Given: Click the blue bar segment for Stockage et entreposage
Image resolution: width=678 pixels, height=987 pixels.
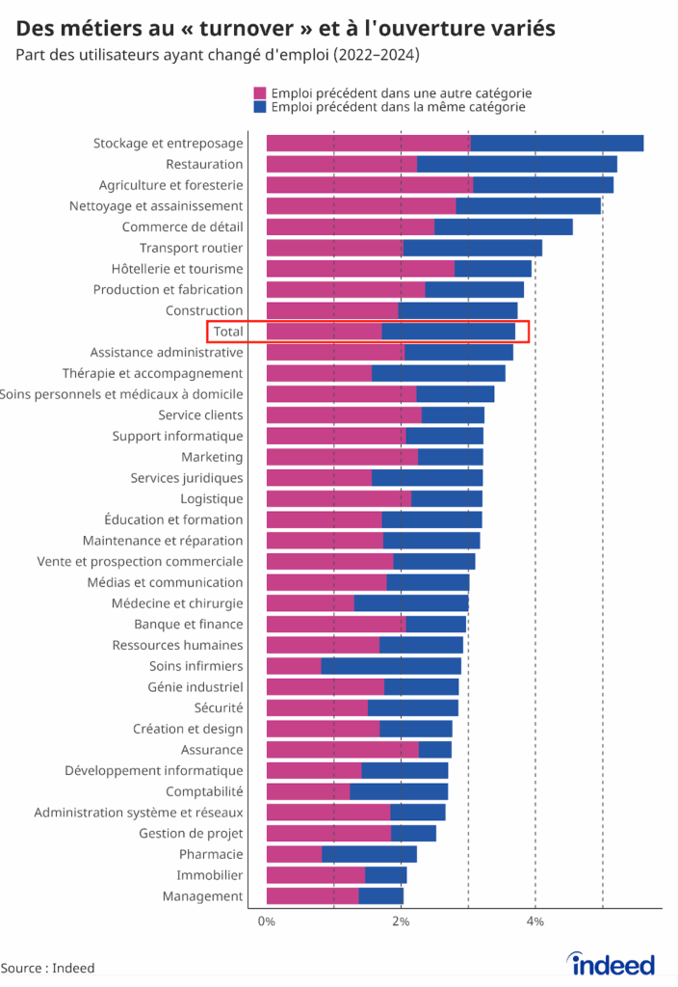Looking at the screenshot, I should (x=557, y=144).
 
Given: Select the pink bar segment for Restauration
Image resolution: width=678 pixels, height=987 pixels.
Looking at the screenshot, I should (x=341, y=164).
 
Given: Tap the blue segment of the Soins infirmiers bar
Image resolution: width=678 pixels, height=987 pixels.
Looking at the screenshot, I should (x=391, y=666).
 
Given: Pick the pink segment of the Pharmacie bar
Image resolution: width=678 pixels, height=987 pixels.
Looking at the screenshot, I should (x=294, y=854).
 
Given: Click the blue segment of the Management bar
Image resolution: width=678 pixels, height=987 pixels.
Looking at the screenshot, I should (x=380, y=896).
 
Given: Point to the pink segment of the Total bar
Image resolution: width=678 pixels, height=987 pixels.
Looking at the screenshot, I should (x=324, y=332).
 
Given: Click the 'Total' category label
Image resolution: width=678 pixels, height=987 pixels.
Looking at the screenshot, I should (x=228, y=332).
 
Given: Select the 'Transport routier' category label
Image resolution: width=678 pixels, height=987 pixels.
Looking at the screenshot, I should (x=191, y=248).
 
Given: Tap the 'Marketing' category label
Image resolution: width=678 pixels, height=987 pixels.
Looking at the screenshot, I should (x=212, y=457).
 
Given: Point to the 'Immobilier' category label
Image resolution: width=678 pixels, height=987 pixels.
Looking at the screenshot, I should (x=209, y=875).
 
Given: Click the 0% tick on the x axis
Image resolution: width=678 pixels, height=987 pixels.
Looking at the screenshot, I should (x=267, y=922).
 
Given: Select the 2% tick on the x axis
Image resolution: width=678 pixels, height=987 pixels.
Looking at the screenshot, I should (x=401, y=922).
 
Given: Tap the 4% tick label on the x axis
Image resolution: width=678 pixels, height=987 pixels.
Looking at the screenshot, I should (x=535, y=922).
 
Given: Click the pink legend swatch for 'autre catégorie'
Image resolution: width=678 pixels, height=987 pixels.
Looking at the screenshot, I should (x=260, y=93).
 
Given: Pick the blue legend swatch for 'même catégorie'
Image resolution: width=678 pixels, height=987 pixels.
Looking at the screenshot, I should (x=260, y=107).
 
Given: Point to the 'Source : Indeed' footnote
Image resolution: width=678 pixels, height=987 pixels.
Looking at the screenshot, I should (x=48, y=968).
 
